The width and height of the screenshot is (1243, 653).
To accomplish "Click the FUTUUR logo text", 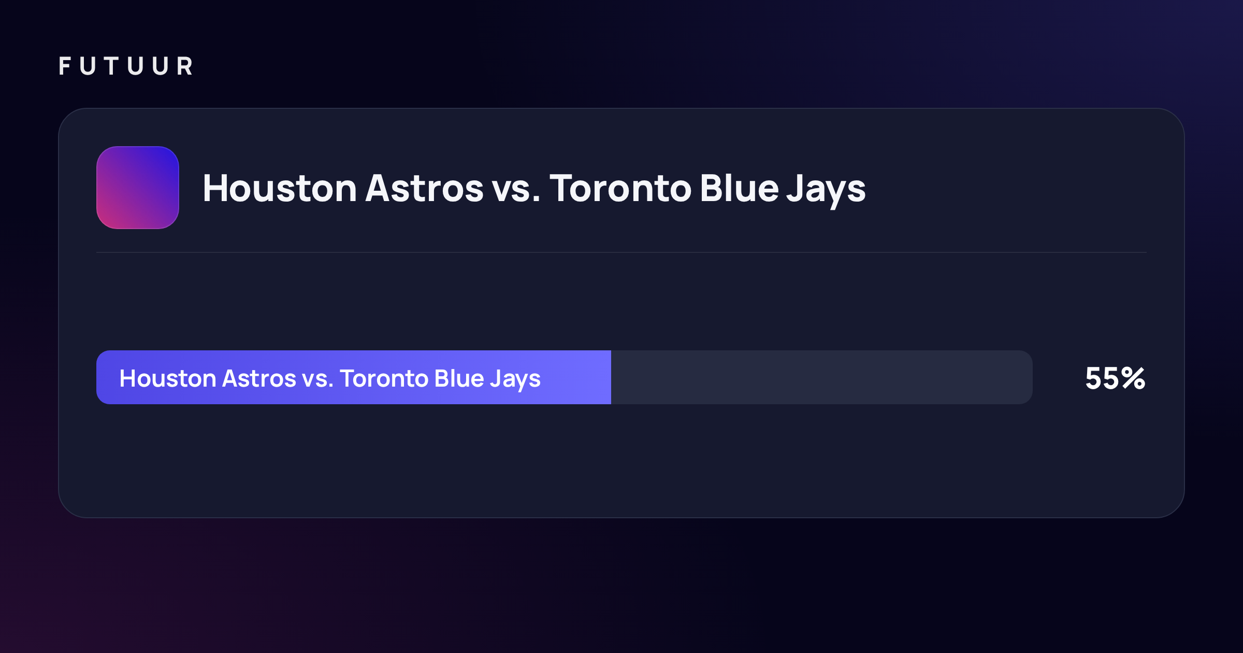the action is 126,66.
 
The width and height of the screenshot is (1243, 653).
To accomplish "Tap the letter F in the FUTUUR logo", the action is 65,66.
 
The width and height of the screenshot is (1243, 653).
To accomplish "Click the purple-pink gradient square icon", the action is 138,188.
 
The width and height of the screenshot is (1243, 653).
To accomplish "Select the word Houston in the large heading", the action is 280,188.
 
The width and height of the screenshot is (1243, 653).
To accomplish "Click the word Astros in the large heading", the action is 424,188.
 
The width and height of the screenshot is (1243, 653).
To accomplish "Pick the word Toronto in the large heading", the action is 620,188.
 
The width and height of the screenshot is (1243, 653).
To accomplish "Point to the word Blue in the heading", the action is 740,188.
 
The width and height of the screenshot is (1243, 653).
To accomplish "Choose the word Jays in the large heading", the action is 826,191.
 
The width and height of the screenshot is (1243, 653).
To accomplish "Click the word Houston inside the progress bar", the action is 167,378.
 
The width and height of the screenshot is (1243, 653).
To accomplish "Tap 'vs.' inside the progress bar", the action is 317,380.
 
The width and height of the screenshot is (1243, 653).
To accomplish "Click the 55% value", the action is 1115,378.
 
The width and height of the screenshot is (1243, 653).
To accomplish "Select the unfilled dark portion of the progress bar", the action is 822,377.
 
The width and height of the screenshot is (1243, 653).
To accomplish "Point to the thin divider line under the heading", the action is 621,252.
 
